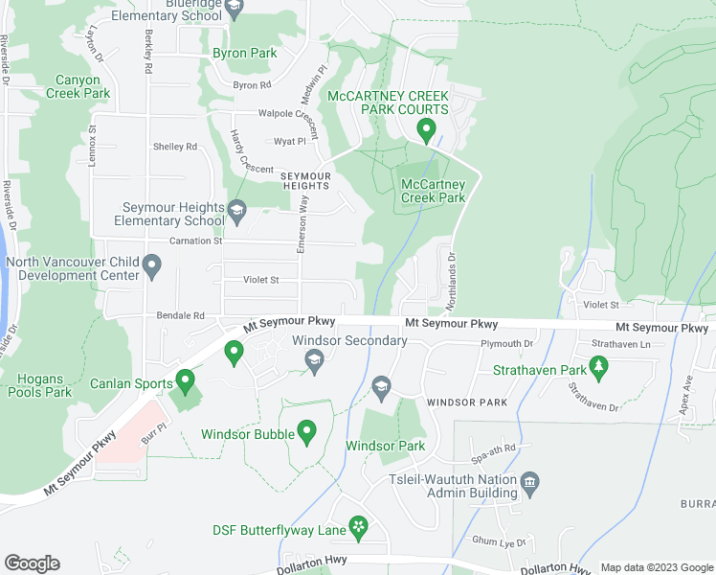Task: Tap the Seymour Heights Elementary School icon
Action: tap(236, 208)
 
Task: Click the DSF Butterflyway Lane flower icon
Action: tap(358, 525)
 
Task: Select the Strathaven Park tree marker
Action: tap(599, 365)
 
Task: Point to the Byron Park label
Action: tap(244, 54)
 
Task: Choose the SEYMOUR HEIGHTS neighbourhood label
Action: tap(305, 181)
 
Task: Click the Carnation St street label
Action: tap(195, 241)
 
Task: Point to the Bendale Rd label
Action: tap(181, 315)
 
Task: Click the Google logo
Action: tap(32, 563)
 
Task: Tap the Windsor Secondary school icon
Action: tap(313, 359)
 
